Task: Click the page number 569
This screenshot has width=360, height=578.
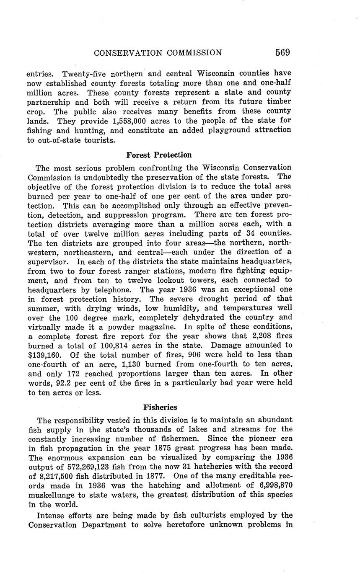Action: pyautogui.click(x=282, y=53)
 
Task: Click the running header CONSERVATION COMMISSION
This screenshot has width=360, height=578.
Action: pyautogui.click(x=158, y=53)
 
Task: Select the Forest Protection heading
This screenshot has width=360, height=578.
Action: pyautogui.click(x=159, y=155)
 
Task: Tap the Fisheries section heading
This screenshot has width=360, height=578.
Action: pyautogui.click(x=160, y=407)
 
